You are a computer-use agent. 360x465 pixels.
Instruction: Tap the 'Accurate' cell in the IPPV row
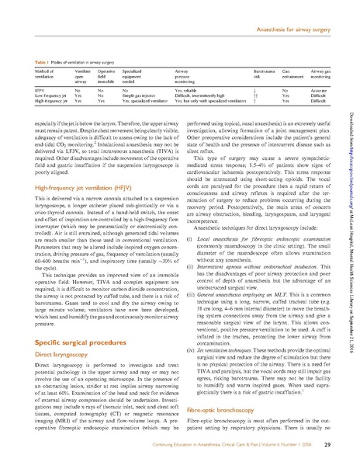click(324, 89)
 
